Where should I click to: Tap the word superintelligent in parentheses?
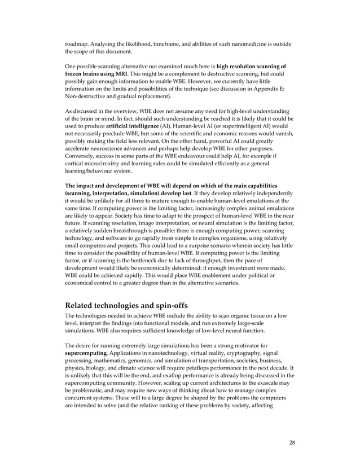coord(232,124)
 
